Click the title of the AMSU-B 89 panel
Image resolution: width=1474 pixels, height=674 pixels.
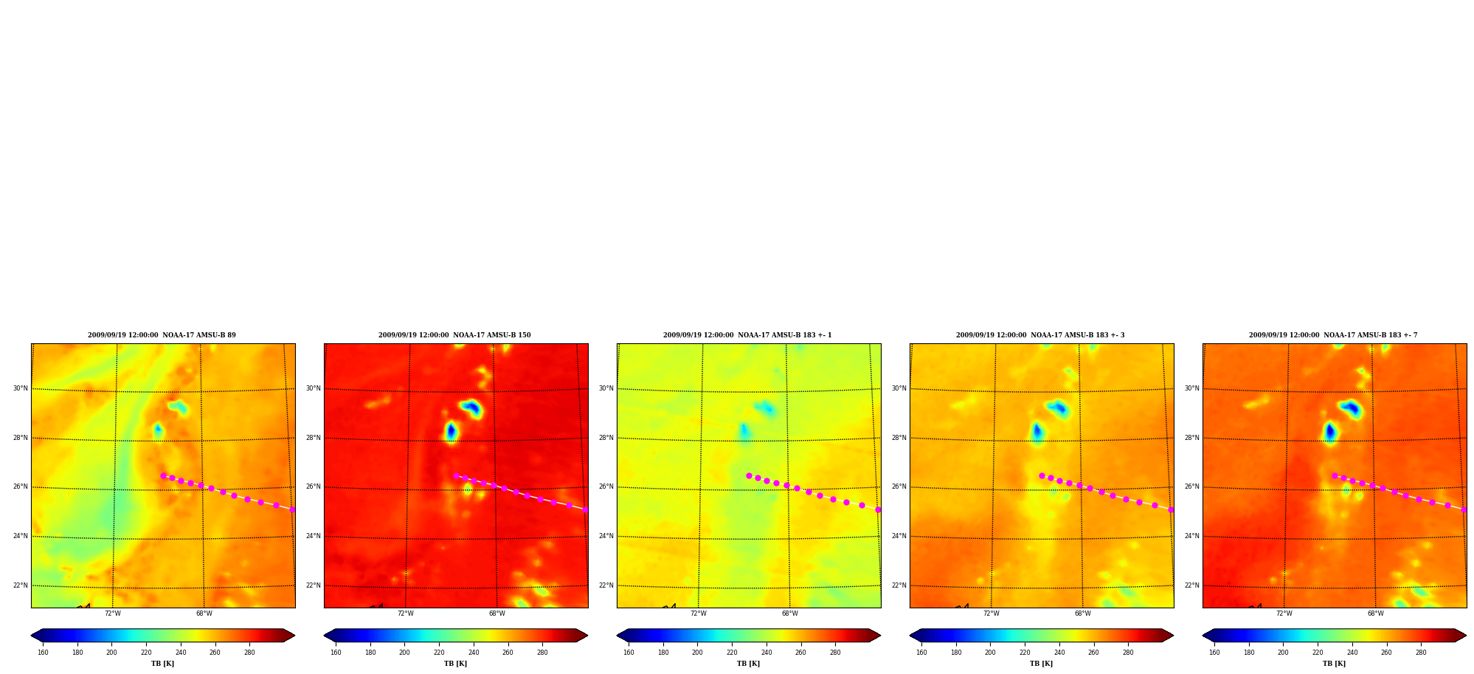162,335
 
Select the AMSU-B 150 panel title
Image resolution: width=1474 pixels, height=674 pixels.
454,335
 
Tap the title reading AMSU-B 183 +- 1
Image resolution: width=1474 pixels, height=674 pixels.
747,335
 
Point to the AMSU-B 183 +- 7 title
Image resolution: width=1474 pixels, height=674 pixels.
1333,335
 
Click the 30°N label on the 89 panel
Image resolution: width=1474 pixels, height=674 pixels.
21,388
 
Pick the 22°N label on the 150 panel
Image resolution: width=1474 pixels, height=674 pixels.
314,585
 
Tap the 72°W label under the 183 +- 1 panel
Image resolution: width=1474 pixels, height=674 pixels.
699,613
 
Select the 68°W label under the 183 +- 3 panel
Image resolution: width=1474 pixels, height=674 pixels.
1082,613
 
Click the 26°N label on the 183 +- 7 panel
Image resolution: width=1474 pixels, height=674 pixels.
1192,486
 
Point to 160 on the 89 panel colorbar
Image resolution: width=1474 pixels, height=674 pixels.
43,653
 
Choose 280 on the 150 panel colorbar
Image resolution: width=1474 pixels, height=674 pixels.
542,653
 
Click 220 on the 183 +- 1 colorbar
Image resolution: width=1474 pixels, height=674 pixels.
732,653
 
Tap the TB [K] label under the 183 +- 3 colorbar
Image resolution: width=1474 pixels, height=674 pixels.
1041,664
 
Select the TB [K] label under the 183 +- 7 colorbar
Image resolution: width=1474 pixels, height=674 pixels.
1334,664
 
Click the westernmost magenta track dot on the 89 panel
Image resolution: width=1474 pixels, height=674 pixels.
163,475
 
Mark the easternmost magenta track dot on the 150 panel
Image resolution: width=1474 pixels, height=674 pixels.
585,509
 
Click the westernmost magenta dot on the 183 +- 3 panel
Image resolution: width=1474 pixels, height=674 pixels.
1042,475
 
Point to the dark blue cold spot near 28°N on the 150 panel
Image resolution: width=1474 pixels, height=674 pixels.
451,430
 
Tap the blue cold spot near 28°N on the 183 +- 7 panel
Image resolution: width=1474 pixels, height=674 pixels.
1329,431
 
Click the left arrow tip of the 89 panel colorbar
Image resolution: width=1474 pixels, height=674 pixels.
31,635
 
